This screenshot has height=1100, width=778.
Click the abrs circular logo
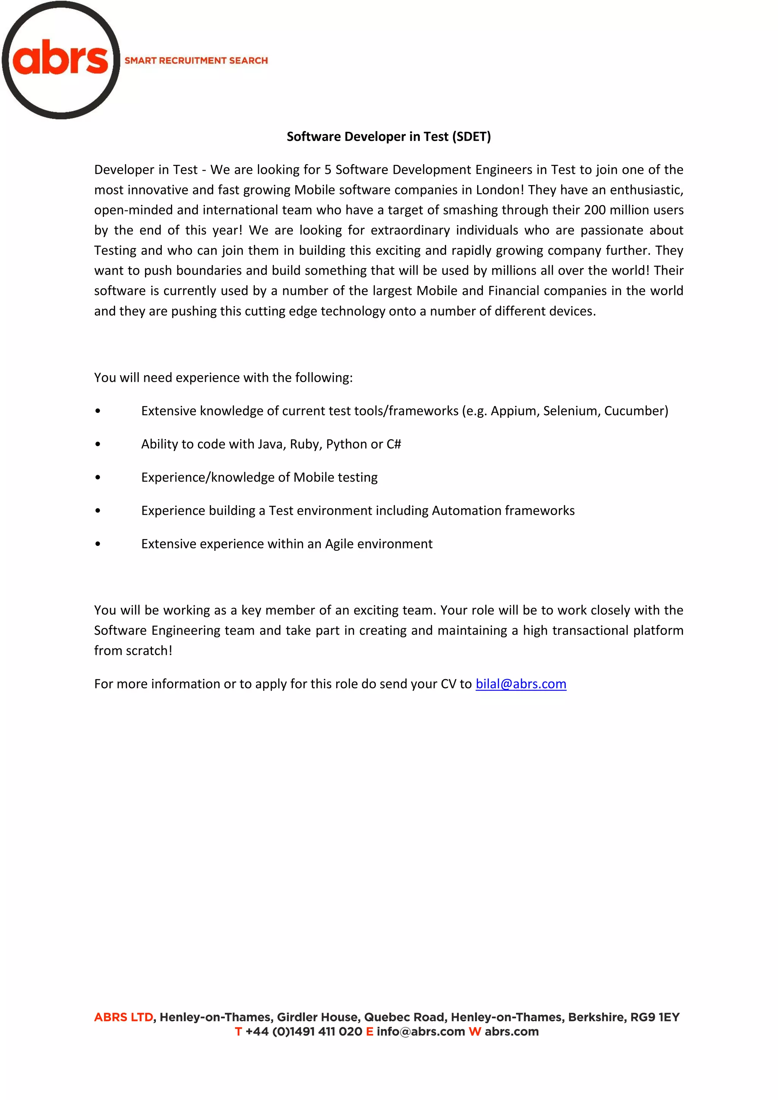(x=61, y=60)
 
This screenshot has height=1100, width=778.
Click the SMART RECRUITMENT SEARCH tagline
(x=196, y=60)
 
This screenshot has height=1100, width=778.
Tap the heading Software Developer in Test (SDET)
(x=389, y=136)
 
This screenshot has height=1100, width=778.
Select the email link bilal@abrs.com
(x=521, y=684)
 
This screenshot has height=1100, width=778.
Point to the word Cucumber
(x=635, y=411)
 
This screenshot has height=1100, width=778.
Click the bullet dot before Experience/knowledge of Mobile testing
(x=98, y=478)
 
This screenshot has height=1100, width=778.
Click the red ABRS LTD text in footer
(x=123, y=1017)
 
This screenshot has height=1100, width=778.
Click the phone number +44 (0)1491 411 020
(x=304, y=1032)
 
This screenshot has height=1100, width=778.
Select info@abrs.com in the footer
(x=421, y=1032)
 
